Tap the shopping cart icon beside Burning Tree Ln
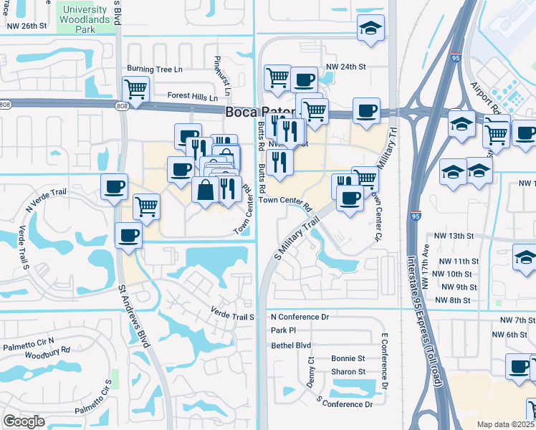pyautogui.click(x=135, y=89)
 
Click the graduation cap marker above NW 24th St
pyautogui.click(x=370, y=29)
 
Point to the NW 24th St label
pyautogui.click(x=346, y=67)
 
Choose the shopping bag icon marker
pyautogui.click(x=206, y=190)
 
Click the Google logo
pyautogui.click(x=24, y=421)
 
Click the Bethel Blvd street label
pyautogui.click(x=291, y=345)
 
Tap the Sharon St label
pyautogui.click(x=348, y=372)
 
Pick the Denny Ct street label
pyautogui.click(x=311, y=373)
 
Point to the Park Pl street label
pyautogui.click(x=284, y=330)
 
